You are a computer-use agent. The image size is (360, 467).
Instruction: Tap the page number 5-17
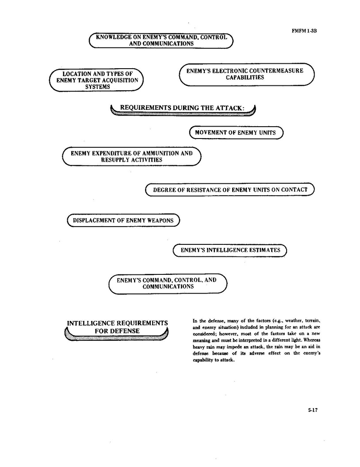click(x=313, y=410)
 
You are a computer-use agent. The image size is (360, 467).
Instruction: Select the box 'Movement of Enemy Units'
click(x=235, y=133)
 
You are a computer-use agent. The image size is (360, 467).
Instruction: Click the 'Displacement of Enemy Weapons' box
click(x=123, y=220)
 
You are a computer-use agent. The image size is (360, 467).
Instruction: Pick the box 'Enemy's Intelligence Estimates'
click(x=230, y=250)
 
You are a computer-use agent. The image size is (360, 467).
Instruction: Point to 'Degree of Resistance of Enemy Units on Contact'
click(x=230, y=190)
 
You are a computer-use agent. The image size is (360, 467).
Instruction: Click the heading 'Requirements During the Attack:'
click(x=183, y=108)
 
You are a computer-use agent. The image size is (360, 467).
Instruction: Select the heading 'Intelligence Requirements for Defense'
click(x=117, y=327)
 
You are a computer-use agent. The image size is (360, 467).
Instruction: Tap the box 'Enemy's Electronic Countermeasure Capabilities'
click(x=246, y=74)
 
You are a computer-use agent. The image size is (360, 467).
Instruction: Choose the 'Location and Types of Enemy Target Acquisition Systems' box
click(x=97, y=80)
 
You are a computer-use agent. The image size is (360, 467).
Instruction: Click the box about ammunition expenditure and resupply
click(x=131, y=156)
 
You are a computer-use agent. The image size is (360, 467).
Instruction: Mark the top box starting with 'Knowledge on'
click(x=161, y=40)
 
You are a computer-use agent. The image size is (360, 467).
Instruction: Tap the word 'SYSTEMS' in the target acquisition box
click(x=97, y=87)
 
